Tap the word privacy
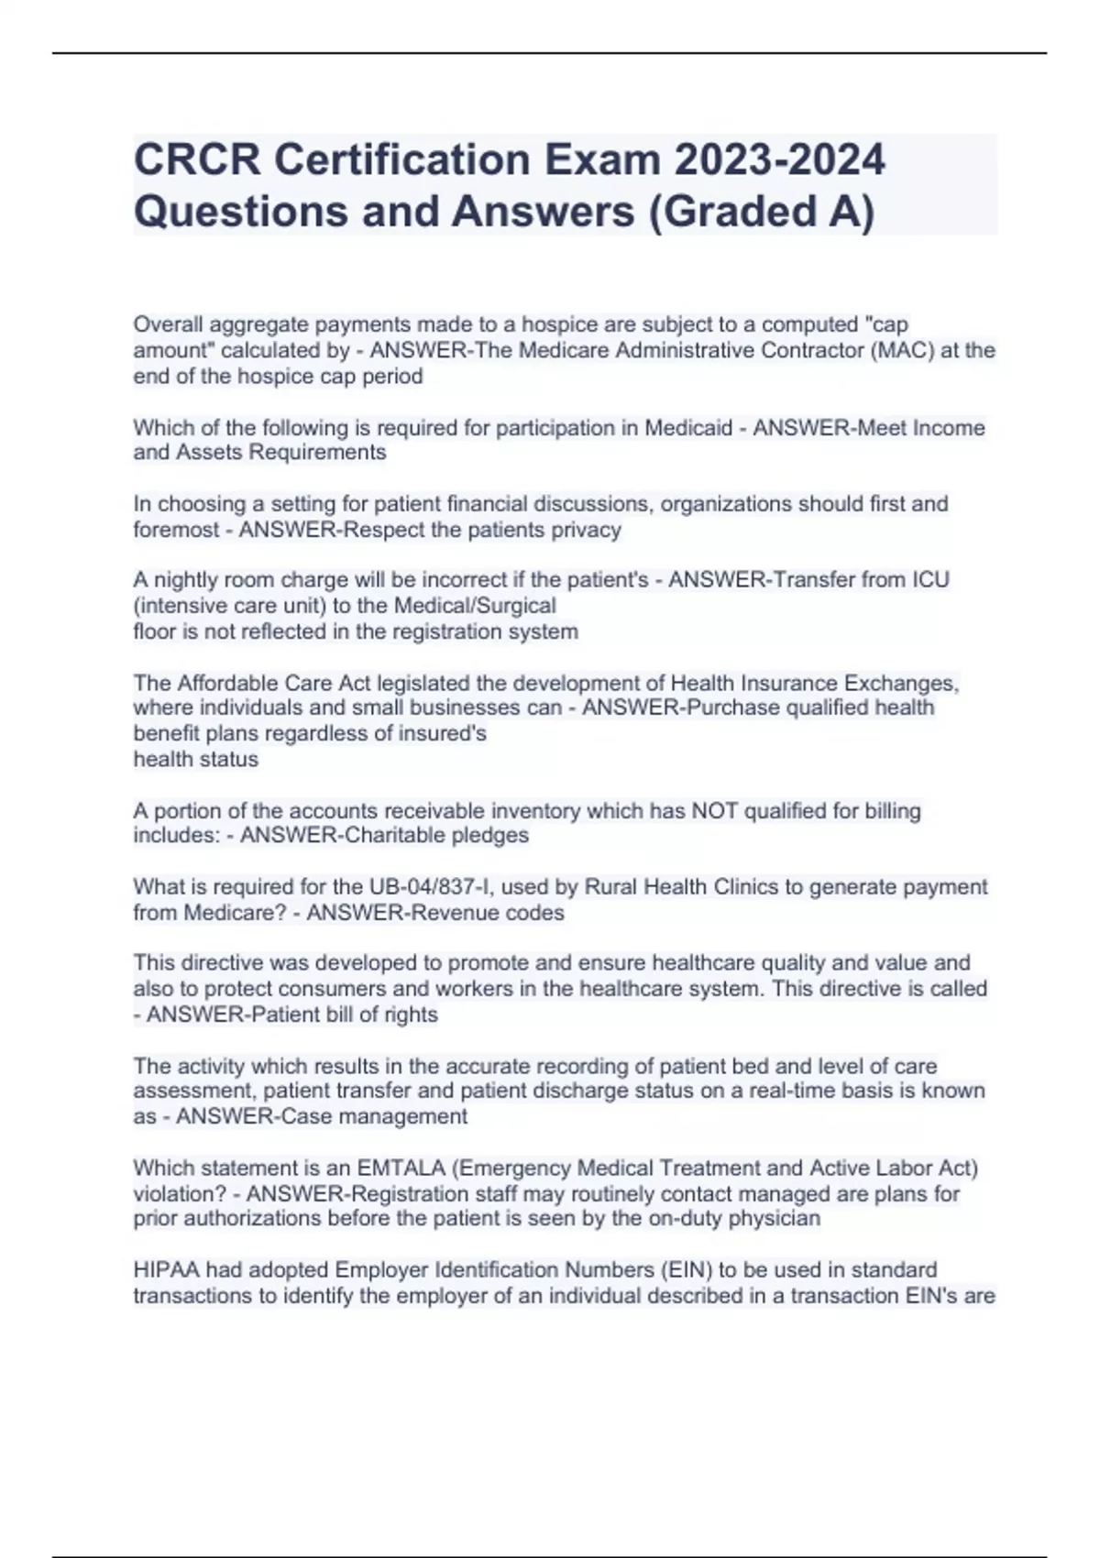(x=587, y=530)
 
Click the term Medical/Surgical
(x=475, y=606)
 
